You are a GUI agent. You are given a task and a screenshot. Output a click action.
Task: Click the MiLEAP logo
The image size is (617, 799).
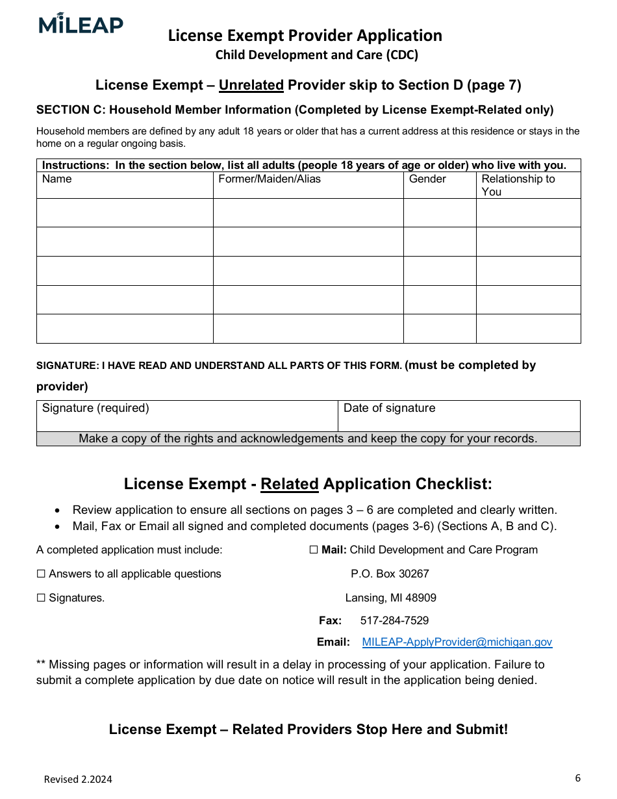(81, 24)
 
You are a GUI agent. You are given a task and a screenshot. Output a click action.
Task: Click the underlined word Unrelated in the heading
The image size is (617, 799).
(251, 85)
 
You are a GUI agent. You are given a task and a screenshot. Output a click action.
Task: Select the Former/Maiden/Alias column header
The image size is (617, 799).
(270, 179)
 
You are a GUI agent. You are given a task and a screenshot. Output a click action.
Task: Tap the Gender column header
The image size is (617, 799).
(427, 179)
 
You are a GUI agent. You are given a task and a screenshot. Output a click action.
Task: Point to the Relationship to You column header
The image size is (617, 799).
(518, 185)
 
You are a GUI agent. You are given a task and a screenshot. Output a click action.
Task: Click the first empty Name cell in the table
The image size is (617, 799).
(125, 213)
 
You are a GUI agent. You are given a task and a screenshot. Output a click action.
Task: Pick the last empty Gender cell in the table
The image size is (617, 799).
(440, 329)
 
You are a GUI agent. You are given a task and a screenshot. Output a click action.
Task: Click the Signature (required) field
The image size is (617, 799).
(187, 416)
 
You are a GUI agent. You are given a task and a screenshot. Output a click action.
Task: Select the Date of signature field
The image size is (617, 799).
(459, 416)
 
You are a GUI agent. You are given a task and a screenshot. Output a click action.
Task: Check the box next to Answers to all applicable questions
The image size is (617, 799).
(41, 574)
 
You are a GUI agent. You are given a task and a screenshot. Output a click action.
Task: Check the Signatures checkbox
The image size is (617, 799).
(41, 598)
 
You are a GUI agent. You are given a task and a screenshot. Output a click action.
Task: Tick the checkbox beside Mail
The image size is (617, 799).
(314, 550)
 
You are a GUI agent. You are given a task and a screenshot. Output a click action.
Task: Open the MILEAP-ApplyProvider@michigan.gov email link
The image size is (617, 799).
(457, 642)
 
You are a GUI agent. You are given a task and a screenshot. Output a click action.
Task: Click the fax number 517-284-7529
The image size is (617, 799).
(394, 621)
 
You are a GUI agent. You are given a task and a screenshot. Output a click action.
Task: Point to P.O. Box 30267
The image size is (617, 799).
(390, 574)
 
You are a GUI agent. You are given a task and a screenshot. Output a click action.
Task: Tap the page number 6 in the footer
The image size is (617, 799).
(577, 778)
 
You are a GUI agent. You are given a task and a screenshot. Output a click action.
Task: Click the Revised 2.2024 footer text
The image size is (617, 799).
(78, 780)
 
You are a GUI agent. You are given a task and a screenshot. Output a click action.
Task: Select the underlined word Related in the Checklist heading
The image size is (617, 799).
(289, 485)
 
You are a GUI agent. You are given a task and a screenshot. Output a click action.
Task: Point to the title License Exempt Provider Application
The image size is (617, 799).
(305, 36)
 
